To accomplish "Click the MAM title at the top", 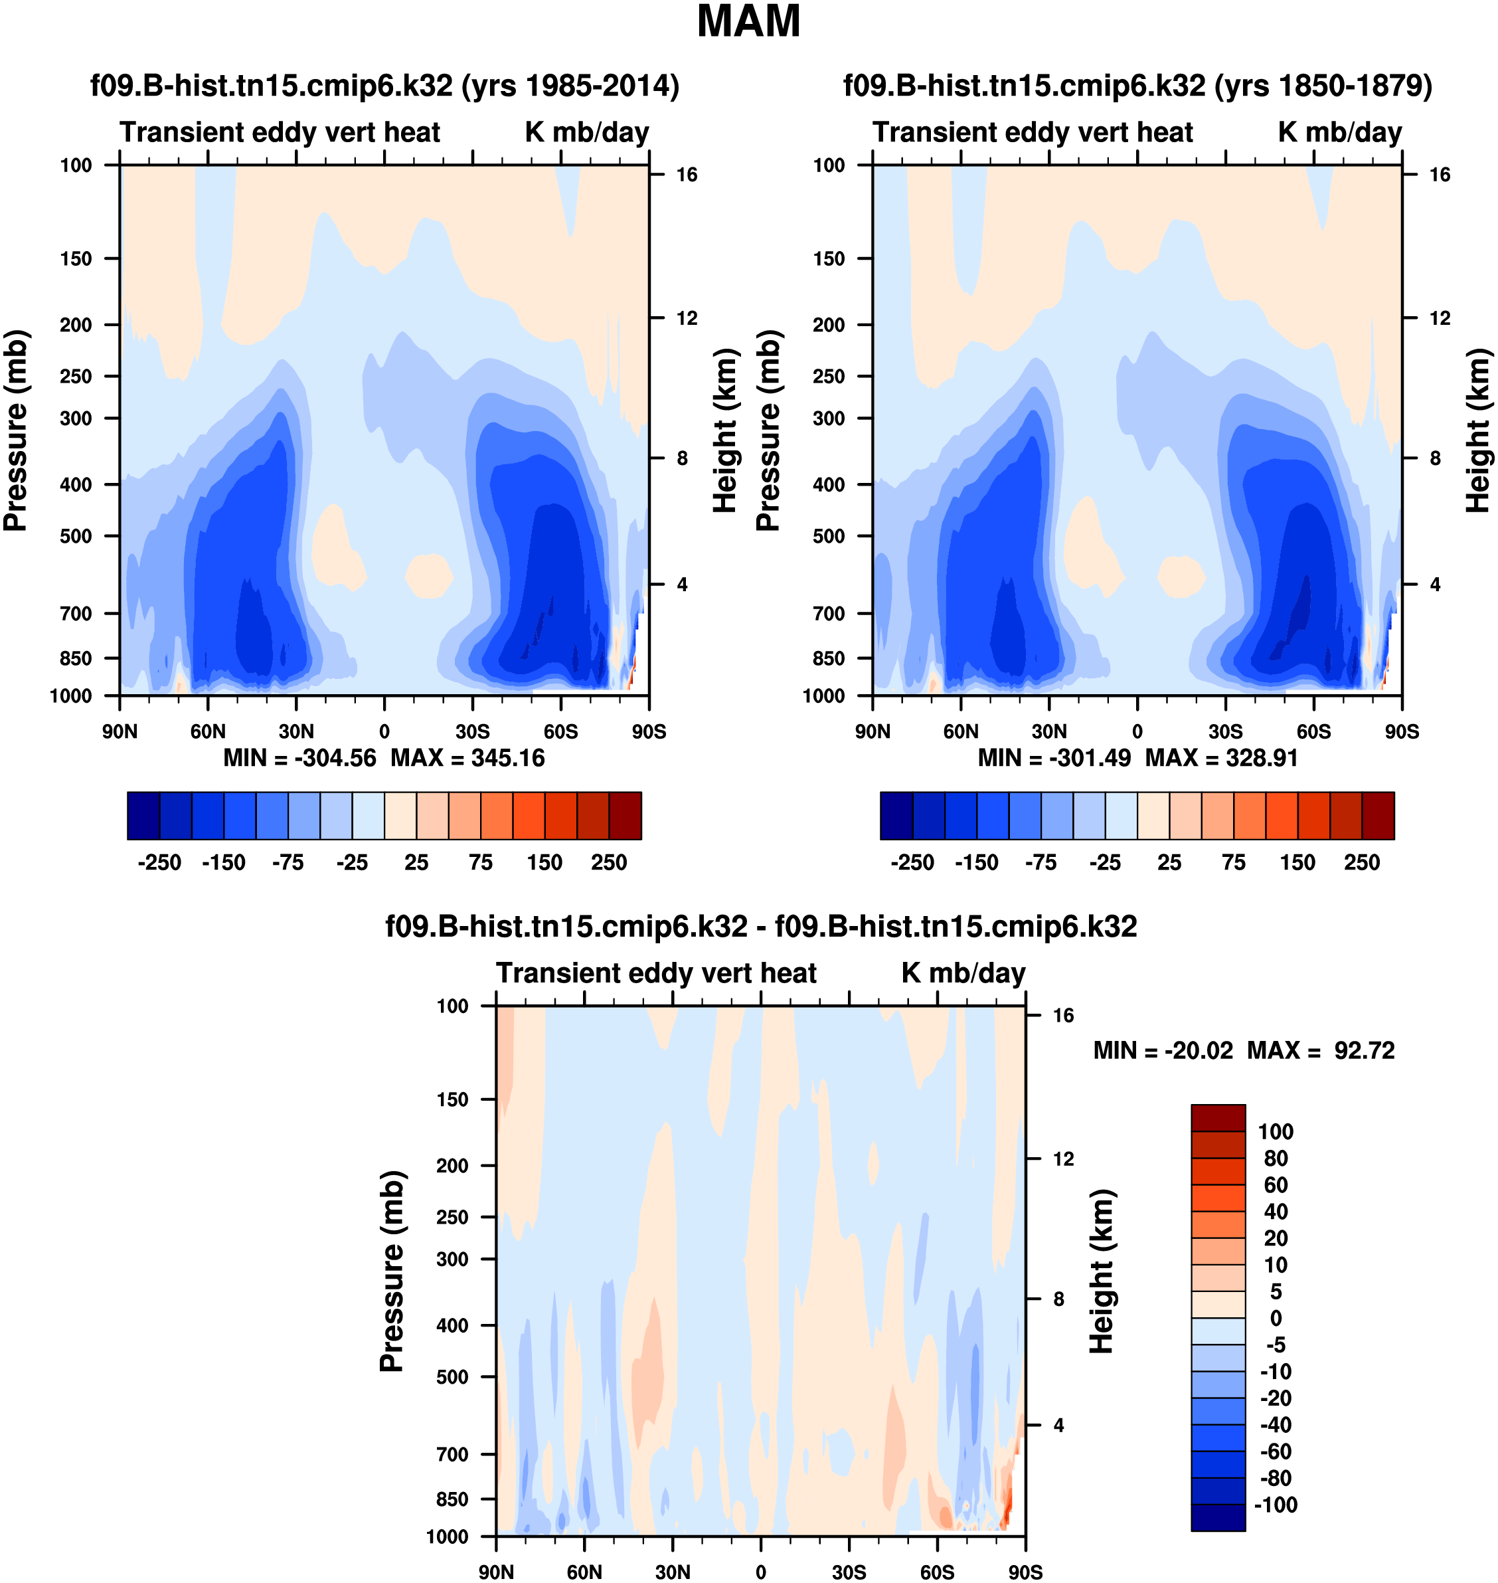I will click(x=748, y=21).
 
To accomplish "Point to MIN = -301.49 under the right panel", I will click(x=1054, y=758).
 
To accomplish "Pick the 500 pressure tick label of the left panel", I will click(x=76, y=536).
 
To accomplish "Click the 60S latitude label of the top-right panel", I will click(x=1313, y=731).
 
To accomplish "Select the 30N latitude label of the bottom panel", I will click(x=673, y=1572).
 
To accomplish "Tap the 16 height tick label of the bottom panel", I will click(x=1063, y=1016).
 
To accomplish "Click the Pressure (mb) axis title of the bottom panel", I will click(x=392, y=1271).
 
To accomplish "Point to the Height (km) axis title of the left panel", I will click(x=724, y=430).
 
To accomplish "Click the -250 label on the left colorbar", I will click(x=160, y=863).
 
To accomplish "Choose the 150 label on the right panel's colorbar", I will click(x=1297, y=863).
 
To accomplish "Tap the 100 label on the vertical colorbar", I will click(x=1275, y=1132).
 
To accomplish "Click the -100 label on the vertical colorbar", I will click(x=1275, y=1505).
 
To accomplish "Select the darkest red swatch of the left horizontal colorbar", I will click(x=625, y=816).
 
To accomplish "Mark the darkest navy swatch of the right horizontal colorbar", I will click(x=896, y=816).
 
